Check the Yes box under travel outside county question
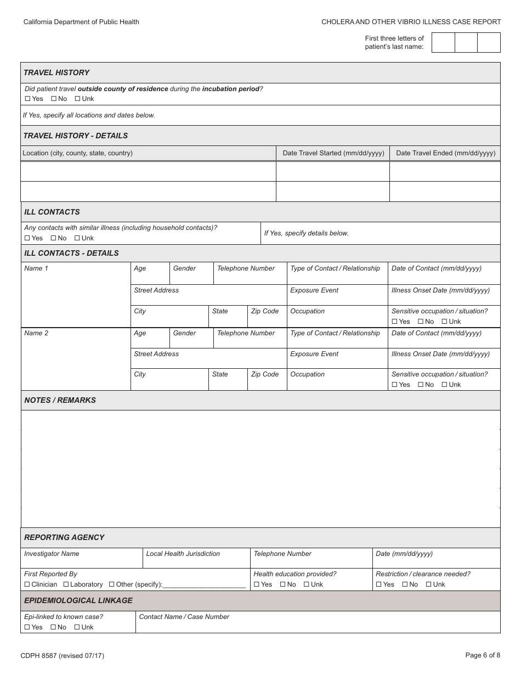point(27,99)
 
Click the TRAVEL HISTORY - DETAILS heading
point(75,136)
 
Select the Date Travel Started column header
point(333,153)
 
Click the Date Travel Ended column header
point(445,153)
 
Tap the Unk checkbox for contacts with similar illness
point(77,238)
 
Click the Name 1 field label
point(36,268)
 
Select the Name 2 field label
point(36,333)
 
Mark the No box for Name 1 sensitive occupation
point(421,322)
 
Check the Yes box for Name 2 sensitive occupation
point(394,385)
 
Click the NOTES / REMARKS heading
point(60,400)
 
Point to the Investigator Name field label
point(52,554)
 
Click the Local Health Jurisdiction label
point(183,554)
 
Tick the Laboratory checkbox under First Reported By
point(66,584)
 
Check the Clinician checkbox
point(27,584)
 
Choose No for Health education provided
point(282,584)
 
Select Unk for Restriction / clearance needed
point(428,584)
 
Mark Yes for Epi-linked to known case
point(27,627)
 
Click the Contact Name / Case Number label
point(184,617)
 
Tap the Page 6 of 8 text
point(483,655)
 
